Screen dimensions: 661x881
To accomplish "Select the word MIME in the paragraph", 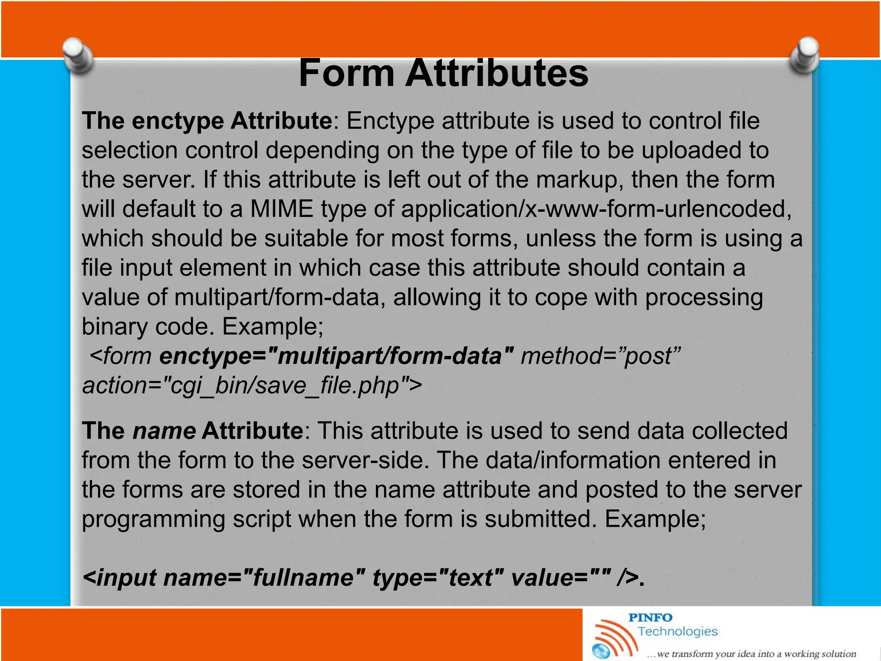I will (282, 209).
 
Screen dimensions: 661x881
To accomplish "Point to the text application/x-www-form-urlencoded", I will (596, 209).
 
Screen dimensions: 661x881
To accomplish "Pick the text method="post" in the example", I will (601, 356).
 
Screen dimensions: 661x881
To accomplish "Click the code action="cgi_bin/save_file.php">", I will (252, 386).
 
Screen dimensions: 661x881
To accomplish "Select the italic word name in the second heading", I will (164, 431).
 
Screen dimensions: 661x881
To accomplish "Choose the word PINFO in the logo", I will (650, 618).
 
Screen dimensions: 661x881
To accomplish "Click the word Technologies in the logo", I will (678, 631).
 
